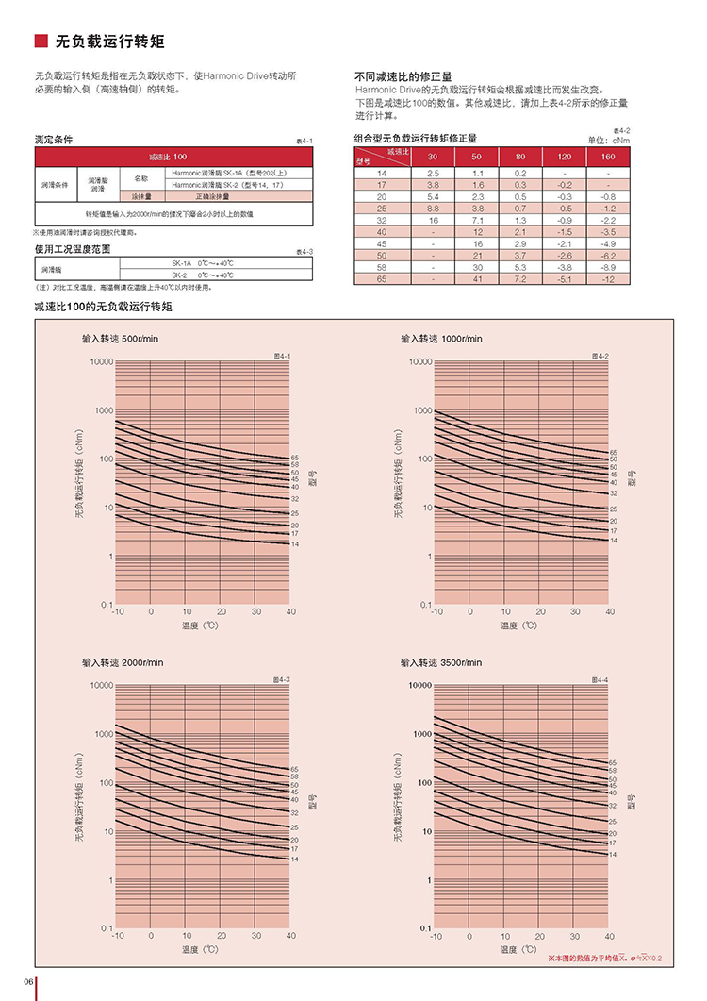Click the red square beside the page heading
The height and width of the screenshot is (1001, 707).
(41, 41)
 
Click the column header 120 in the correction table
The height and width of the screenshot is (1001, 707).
(563, 156)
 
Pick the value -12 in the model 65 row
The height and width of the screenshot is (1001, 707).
(607, 279)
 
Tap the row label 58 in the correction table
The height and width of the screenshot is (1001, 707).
(382, 267)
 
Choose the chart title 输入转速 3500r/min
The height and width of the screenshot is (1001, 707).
(441, 663)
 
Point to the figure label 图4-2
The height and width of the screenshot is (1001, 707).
(600, 356)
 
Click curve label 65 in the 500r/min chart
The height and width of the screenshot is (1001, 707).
(295, 457)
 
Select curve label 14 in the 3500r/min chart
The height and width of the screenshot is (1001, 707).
(613, 854)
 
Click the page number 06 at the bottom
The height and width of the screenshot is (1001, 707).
(28, 982)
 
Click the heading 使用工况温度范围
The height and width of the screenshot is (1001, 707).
(73, 249)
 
